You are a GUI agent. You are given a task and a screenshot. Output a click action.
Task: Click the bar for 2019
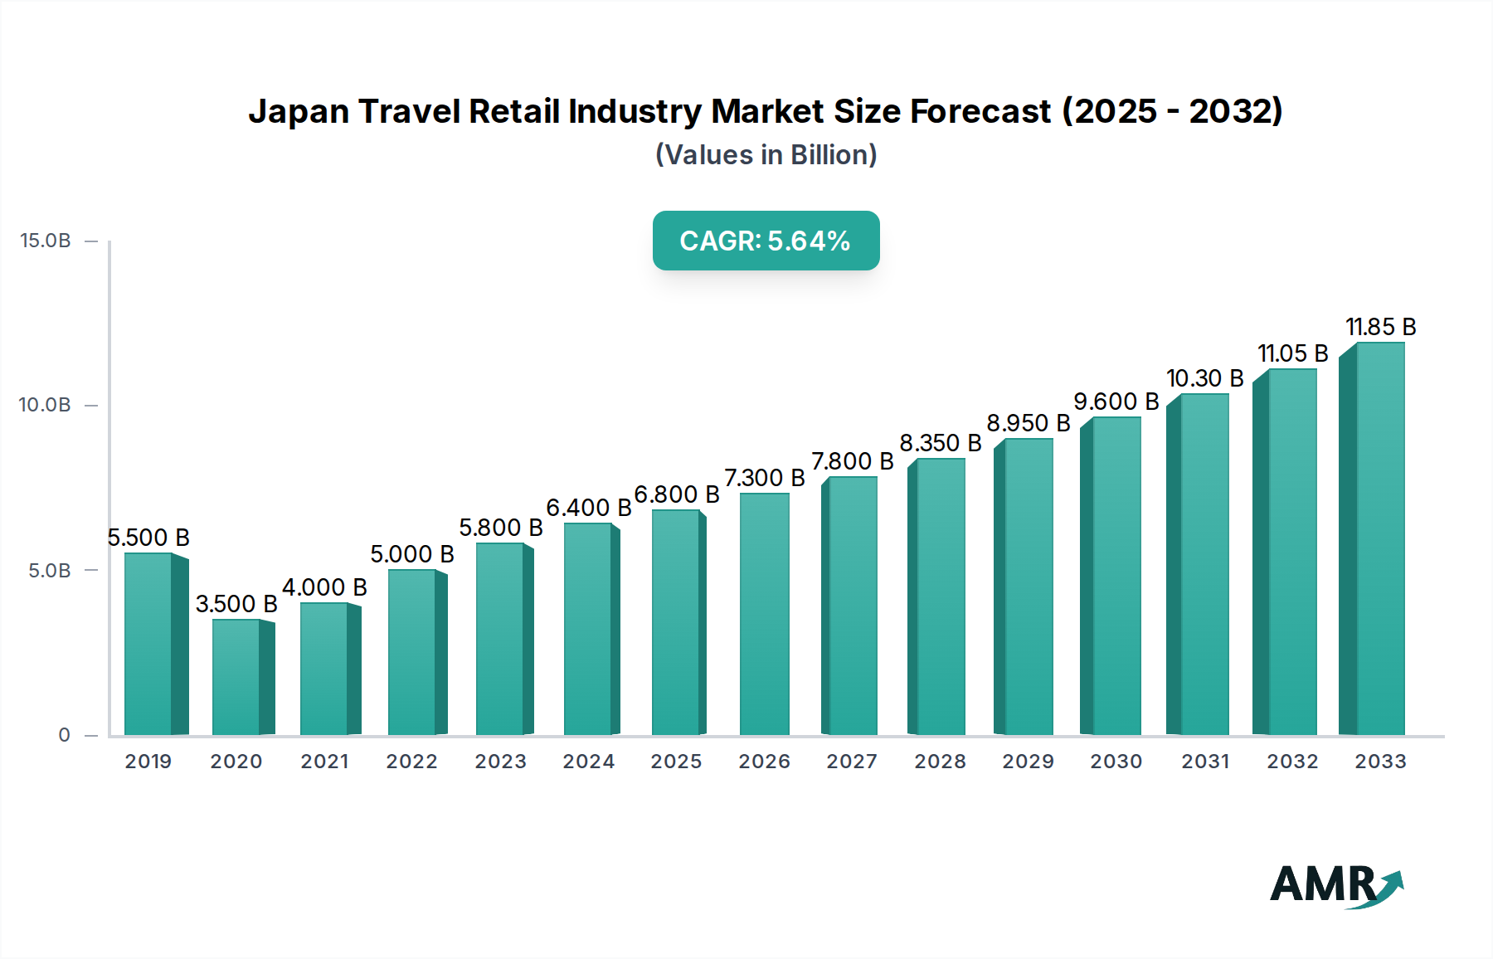point(149,644)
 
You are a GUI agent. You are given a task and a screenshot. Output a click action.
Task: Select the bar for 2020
point(237,677)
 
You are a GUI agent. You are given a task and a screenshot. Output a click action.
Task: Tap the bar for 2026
point(764,614)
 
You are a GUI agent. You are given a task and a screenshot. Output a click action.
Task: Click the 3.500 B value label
point(236,604)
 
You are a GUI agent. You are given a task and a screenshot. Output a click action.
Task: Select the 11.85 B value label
point(1380,327)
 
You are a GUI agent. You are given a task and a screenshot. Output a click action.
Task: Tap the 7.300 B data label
point(764,478)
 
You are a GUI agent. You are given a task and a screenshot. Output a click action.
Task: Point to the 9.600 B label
point(1116,402)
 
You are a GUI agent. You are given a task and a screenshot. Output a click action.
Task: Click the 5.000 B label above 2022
point(412,554)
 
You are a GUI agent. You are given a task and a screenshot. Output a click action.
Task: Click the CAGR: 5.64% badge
point(766,241)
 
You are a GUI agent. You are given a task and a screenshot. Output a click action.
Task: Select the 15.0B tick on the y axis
point(46,241)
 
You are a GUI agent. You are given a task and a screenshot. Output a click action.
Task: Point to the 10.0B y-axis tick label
point(46,405)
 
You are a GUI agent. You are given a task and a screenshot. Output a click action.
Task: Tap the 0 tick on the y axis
point(64,735)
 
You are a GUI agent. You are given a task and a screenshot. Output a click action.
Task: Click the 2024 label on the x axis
point(589,762)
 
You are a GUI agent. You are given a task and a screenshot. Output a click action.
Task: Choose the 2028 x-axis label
point(940,762)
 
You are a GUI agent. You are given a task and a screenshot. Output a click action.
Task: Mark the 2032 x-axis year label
point(1292,762)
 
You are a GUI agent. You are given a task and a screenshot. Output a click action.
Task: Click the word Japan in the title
point(299,111)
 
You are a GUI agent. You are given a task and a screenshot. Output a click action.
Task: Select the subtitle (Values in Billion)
point(766,155)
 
